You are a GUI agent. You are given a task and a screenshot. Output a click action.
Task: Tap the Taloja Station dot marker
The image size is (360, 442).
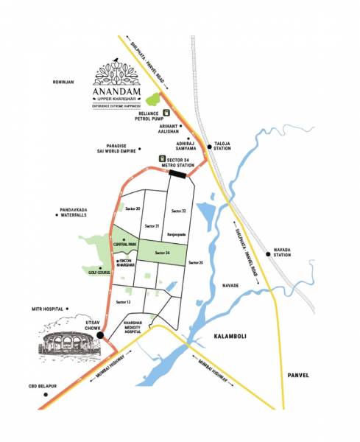[210, 147]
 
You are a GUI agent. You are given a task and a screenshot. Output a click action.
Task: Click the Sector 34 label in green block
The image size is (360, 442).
[163, 252]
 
